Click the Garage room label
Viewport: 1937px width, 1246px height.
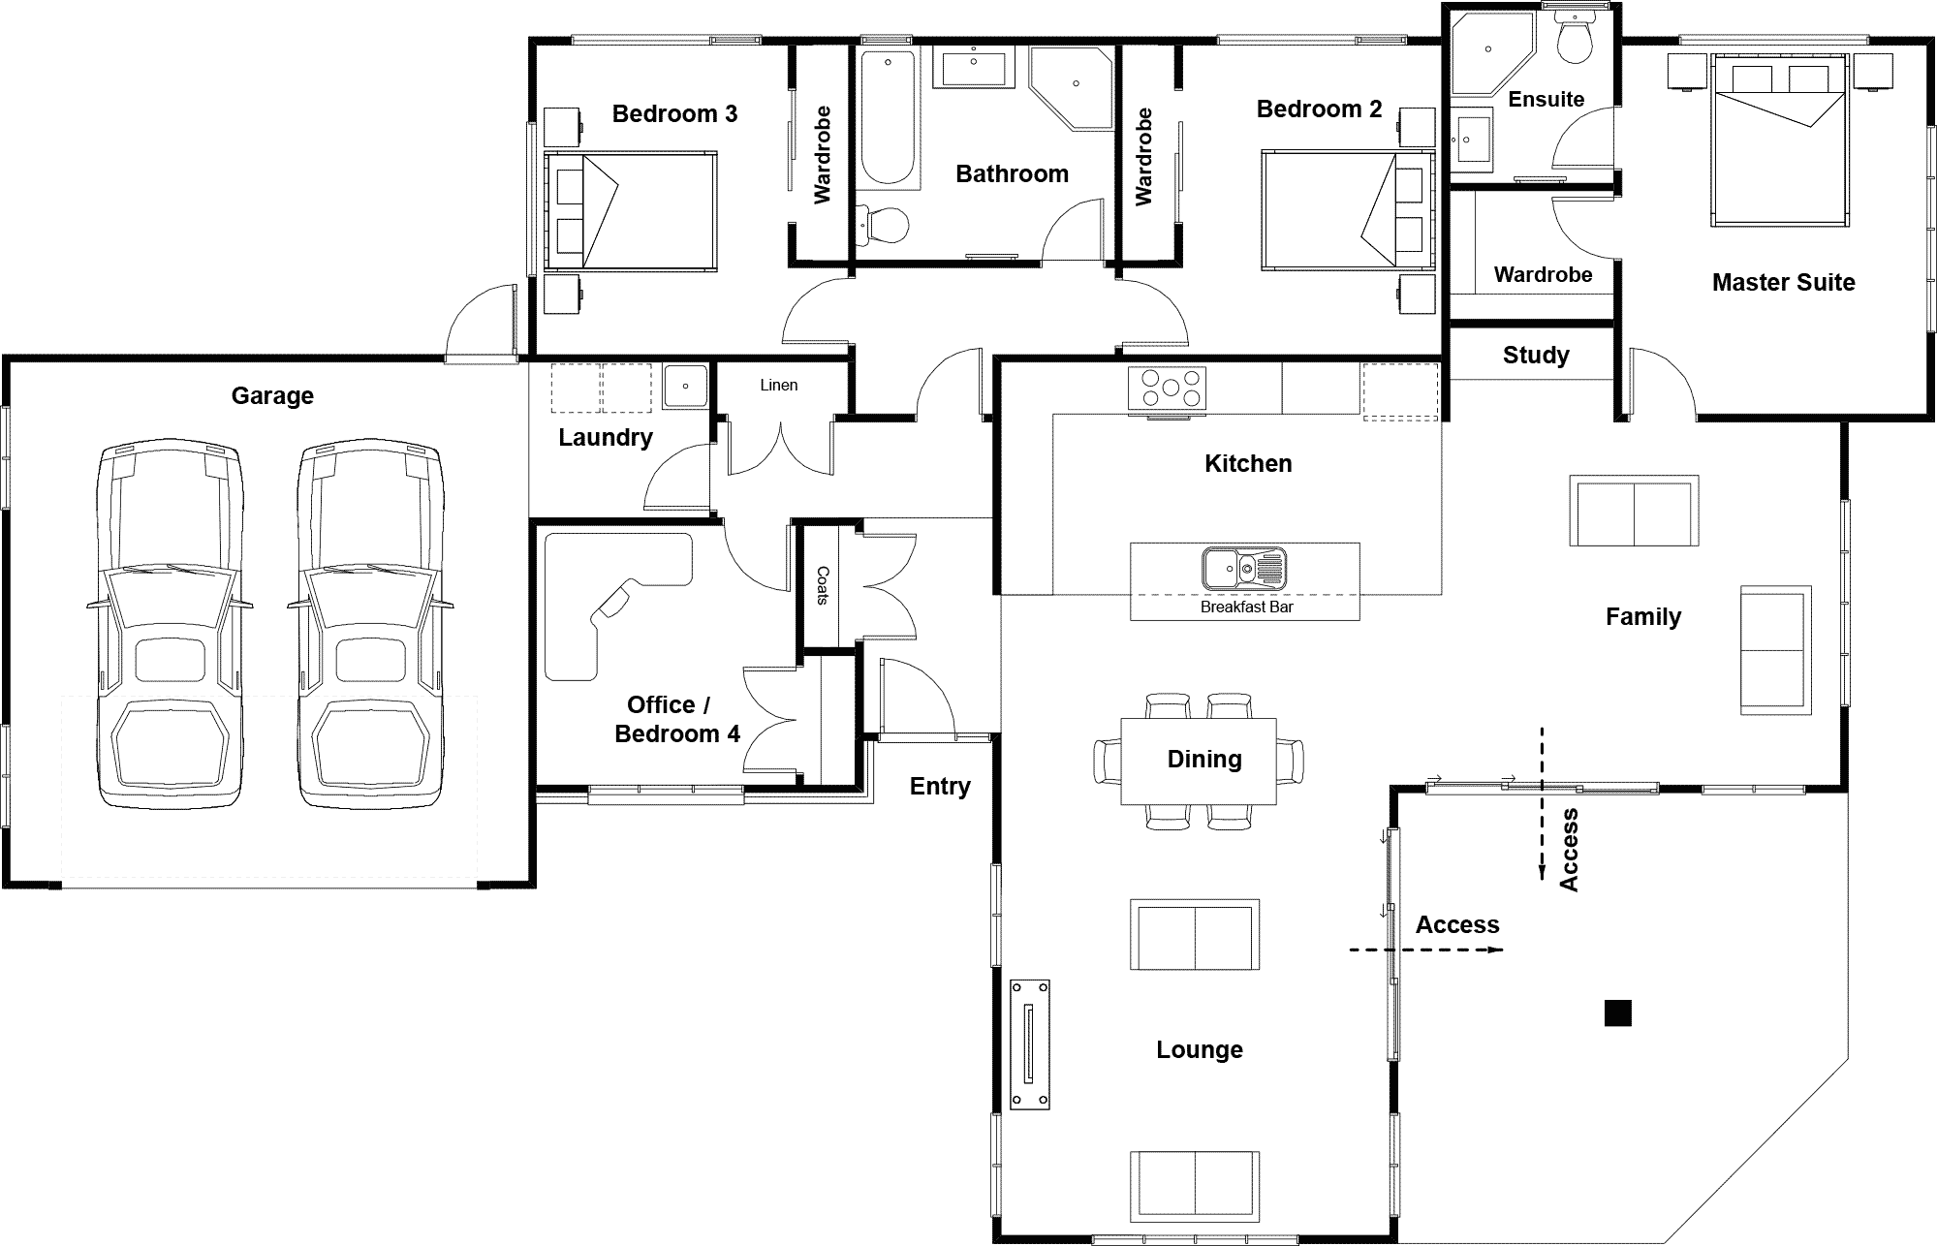pyautogui.click(x=272, y=395)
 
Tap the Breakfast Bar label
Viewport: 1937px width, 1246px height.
pyautogui.click(x=1246, y=607)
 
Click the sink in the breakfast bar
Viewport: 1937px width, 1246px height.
pyautogui.click(x=1244, y=568)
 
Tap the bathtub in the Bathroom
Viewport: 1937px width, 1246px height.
pyautogui.click(x=889, y=119)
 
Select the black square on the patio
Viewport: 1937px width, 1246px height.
pyautogui.click(x=1618, y=1012)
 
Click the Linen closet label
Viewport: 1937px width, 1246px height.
pyautogui.click(x=779, y=385)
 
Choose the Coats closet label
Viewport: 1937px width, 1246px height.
pyautogui.click(x=823, y=585)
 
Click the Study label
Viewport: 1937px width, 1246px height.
pyautogui.click(x=1536, y=355)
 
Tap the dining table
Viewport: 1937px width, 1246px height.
pyautogui.click(x=1199, y=761)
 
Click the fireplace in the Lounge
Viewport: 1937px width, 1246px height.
pyautogui.click(x=1030, y=1044)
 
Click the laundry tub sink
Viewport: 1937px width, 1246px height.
pyautogui.click(x=686, y=386)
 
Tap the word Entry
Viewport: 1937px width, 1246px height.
pyautogui.click(x=940, y=787)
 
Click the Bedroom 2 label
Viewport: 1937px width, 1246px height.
pyautogui.click(x=1319, y=109)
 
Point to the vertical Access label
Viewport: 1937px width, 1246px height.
pyautogui.click(x=1569, y=850)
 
